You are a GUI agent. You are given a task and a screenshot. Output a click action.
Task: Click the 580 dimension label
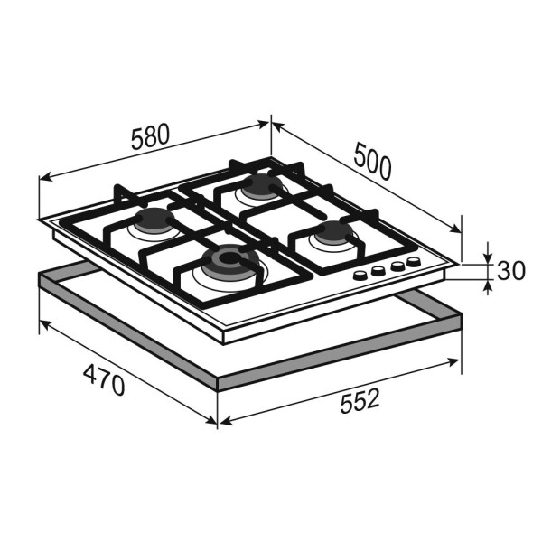pyautogui.click(x=151, y=136)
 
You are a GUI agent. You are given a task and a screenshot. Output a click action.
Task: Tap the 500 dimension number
pyautogui.click(x=372, y=162)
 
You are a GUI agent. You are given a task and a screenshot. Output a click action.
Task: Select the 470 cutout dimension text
pyautogui.click(x=104, y=379)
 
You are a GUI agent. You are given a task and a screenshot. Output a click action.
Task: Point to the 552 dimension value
pyautogui.click(x=360, y=401)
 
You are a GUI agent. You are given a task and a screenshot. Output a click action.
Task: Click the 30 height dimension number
pyautogui.click(x=511, y=271)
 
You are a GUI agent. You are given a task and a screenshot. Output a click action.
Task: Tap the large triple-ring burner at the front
pyautogui.click(x=230, y=261)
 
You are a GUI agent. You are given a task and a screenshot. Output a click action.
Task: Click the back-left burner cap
pyautogui.click(x=154, y=220)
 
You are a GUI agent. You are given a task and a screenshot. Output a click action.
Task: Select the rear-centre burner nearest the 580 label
pyautogui.click(x=262, y=187)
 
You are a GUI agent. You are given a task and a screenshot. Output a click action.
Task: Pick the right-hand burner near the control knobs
pyautogui.click(x=334, y=233)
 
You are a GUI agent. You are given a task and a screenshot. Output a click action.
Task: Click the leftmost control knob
pyautogui.click(x=360, y=276)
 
